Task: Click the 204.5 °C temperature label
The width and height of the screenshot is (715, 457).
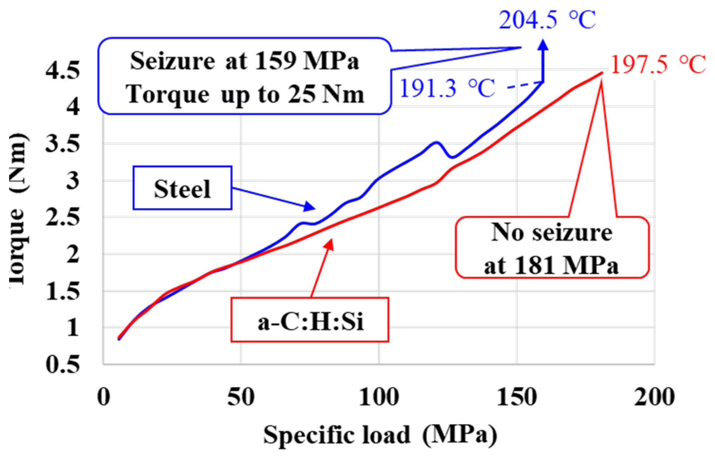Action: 547,20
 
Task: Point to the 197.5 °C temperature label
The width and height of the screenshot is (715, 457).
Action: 658,64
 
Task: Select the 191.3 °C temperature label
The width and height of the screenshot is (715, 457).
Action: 447,88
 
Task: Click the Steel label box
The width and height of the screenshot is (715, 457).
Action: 182,188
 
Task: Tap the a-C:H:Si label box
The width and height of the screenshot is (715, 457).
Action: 310,320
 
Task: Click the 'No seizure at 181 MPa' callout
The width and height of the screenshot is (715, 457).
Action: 552,248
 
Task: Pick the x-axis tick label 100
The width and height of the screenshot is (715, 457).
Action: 378,397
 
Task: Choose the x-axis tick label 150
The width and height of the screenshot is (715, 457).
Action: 517,397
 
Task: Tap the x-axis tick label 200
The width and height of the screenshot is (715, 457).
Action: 654,397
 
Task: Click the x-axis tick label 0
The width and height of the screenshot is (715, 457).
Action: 103,397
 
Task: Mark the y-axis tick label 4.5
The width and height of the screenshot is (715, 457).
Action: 63,70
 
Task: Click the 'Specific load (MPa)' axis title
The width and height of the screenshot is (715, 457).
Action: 380,435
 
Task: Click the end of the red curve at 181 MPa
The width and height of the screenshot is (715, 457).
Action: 601,73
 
